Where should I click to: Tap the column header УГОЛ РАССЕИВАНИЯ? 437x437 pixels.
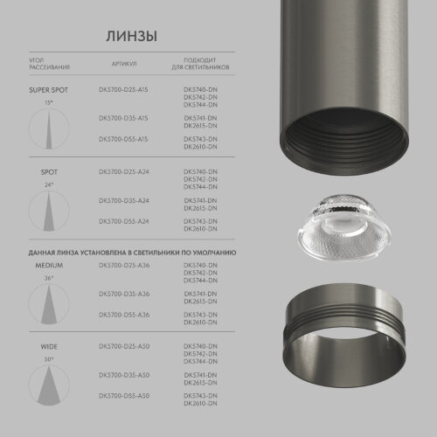pos(49,64)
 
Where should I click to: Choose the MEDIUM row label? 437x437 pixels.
pos(49,264)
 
